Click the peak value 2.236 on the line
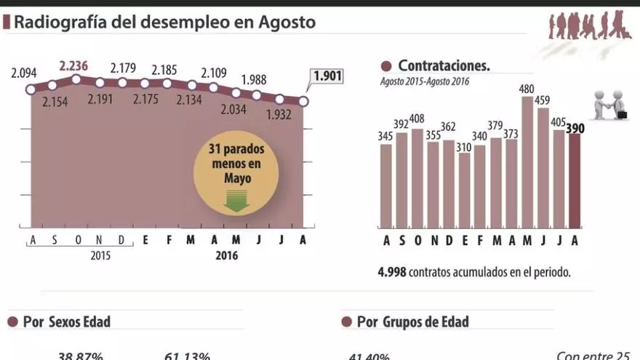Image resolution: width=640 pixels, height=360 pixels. pos(73,66)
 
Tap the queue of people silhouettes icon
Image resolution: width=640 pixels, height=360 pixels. pos(588,27)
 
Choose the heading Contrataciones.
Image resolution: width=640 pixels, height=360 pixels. pos(444,65)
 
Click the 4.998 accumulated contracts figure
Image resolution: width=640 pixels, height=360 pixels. pos(391,273)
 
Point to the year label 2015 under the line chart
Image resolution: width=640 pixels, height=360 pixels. pos(101,256)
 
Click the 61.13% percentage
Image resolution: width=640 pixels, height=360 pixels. pos(187,356)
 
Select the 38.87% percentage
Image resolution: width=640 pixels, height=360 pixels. pos(81,356)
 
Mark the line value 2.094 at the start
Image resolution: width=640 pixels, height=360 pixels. pos(24,73)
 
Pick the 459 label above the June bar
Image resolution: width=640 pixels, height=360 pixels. pos(543,100)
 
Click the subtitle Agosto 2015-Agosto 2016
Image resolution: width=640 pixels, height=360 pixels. pos(425,81)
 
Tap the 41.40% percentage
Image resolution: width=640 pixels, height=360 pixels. pos(369,356)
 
